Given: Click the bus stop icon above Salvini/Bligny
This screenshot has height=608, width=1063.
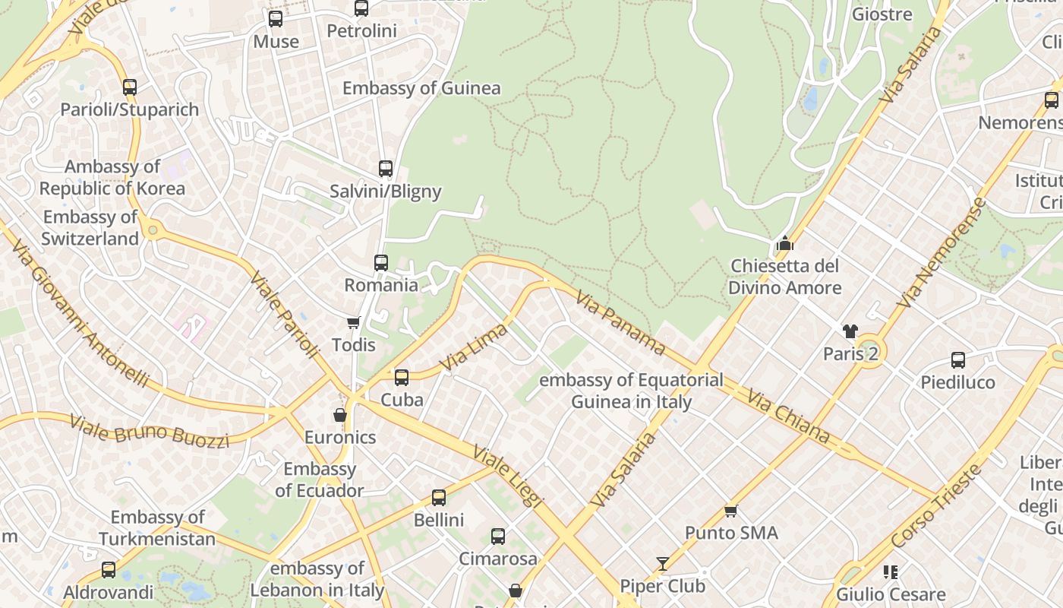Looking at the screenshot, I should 386,169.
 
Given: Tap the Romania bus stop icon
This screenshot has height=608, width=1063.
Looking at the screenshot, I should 381,263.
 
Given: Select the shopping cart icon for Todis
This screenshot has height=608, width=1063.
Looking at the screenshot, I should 353,323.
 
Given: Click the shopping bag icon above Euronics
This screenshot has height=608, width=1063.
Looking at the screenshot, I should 340,415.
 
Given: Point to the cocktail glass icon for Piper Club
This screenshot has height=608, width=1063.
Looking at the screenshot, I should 663,564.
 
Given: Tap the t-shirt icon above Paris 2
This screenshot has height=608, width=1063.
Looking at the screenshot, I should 850,331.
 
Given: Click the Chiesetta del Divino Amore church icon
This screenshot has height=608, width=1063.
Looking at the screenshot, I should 784,244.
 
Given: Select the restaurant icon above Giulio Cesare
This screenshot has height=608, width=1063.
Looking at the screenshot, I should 891,572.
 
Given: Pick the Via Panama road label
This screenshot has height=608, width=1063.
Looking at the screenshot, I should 620,323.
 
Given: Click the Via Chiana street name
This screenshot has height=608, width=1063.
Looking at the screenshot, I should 788,416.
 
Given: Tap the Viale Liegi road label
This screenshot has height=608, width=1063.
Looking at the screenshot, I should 508,476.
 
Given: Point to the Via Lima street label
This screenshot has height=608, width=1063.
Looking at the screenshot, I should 474,348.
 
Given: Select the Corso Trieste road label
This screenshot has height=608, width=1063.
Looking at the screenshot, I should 937,505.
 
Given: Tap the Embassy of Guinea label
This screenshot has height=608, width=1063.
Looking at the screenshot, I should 421,88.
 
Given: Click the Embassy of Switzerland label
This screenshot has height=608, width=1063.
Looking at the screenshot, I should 90,228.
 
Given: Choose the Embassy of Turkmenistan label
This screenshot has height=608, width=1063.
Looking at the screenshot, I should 157,528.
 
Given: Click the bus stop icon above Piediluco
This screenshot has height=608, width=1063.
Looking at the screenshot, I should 958,360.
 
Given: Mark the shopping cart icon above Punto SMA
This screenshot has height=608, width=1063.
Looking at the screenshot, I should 731,511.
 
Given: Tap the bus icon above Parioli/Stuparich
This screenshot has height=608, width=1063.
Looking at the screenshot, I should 130,87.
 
